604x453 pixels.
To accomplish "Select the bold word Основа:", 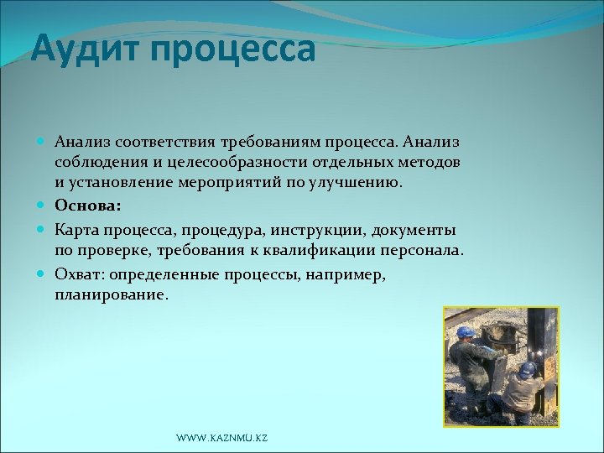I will pos(88,205).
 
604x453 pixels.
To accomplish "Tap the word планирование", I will pos(110,295).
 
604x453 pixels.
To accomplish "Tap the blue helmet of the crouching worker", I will pos(527,367).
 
